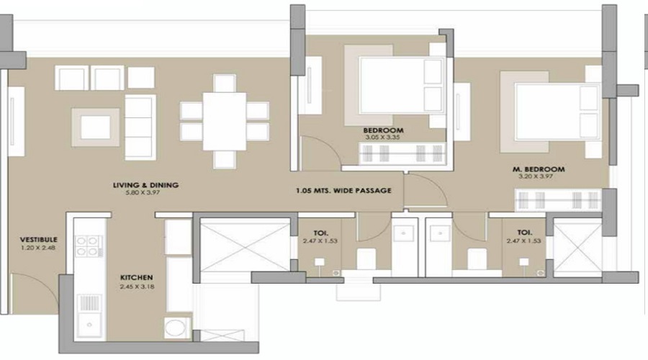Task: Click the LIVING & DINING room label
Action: coord(146,185)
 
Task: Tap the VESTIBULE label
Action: coord(39,240)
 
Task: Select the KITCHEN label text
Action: coord(136,278)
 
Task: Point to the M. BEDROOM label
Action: coord(539,169)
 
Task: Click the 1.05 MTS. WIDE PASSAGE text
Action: coord(343,191)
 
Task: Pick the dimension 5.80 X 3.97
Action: coord(143,193)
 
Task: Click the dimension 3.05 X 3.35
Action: coord(382,138)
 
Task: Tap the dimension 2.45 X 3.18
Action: coord(138,287)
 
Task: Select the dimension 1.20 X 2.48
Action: coord(38,248)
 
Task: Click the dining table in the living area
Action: coord(225,121)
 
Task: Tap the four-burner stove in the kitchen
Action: coord(89,246)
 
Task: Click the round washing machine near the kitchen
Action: coord(178,328)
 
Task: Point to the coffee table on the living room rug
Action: coord(96,127)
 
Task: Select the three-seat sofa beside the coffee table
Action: coord(140,127)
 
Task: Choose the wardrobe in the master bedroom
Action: coord(558,200)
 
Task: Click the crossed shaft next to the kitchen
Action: coord(245,247)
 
